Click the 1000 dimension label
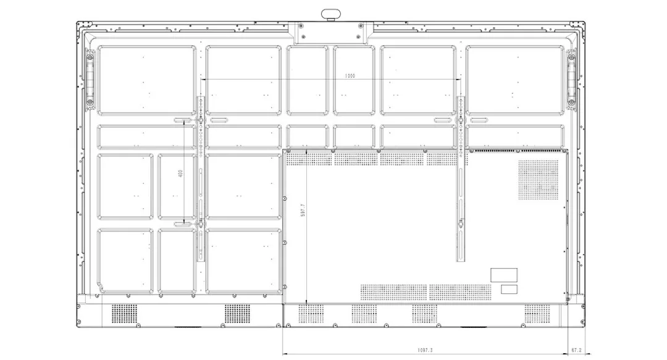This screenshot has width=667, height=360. tap(350, 76)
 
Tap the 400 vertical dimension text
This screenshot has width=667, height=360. tap(180, 174)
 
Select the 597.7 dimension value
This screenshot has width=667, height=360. tap(303, 210)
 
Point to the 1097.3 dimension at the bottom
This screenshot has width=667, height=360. tap(424, 350)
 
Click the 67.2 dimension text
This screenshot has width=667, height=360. tap(576, 350)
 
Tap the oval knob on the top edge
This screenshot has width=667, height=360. tap(332, 14)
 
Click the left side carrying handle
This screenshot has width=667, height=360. tap(90, 79)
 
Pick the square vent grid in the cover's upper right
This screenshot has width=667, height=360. tap(538, 180)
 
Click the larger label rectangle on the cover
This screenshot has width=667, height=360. tap(504, 275)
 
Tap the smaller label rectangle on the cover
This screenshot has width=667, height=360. tap(509, 290)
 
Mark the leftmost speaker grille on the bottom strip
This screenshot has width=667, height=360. tap(125, 314)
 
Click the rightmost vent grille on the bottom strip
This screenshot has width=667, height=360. tap(537, 314)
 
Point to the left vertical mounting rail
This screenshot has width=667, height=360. tap(200, 178)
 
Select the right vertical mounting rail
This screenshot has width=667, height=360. tap(461, 178)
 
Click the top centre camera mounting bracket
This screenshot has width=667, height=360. tap(330, 32)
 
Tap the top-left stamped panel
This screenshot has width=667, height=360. tap(147, 80)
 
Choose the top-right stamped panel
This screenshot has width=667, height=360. tap(515, 80)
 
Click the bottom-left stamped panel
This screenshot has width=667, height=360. tap(125, 261)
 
